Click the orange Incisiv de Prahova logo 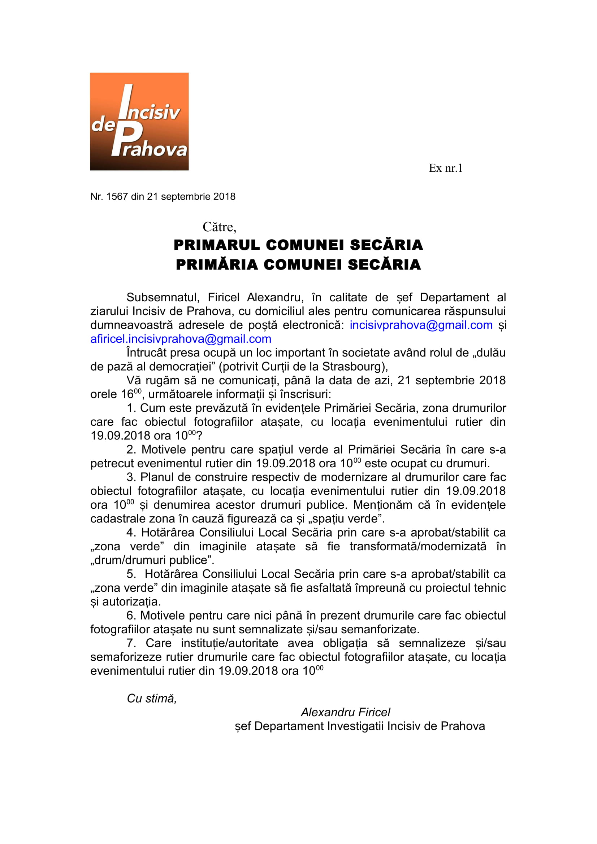pyautogui.click(x=139, y=121)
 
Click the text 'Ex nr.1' pyautogui.click(x=445, y=168)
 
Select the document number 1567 pyautogui.click(x=117, y=197)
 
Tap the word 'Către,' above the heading pyautogui.click(x=219, y=227)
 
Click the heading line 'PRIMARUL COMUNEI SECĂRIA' pyautogui.click(x=298, y=245)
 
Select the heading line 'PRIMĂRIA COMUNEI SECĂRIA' pyautogui.click(x=298, y=264)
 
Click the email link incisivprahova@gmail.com pyautogui.click(x=421, y=325)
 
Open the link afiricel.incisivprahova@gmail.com pyautogui.click(x=181, y=338)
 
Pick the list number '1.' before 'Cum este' pyautogui.click(x=131, y=408)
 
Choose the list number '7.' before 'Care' pyautogui.click(x=131, y=643)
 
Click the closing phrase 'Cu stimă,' pyautogui.click(x=152, y=699)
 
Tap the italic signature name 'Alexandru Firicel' pyautogui.click(x=345, y=712)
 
